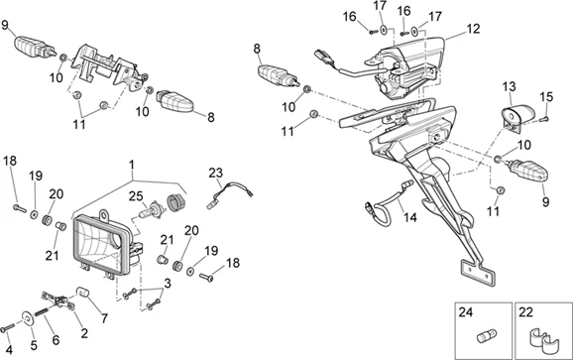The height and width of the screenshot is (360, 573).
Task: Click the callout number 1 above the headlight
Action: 132,165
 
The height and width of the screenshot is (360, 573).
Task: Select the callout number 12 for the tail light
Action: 473,29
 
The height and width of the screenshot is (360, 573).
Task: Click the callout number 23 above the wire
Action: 215,173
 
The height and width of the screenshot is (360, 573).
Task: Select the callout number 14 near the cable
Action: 410,217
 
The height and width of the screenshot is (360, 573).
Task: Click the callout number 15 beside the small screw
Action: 546,97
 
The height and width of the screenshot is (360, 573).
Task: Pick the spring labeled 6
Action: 42,312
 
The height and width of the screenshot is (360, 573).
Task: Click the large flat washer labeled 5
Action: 28,318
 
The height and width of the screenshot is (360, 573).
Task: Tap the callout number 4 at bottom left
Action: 9,349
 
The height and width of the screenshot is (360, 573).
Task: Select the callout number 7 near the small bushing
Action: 104,318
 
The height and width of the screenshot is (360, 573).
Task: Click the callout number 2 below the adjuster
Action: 84,333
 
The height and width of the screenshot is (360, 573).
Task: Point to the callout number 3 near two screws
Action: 168,284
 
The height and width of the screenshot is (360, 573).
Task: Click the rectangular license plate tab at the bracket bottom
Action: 478,272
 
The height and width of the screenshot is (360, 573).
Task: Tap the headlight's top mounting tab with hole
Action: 104,214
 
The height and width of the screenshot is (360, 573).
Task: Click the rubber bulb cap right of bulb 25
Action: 175,202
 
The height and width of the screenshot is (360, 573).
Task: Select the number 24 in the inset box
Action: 466,312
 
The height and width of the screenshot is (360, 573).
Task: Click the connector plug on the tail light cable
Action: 321,57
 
